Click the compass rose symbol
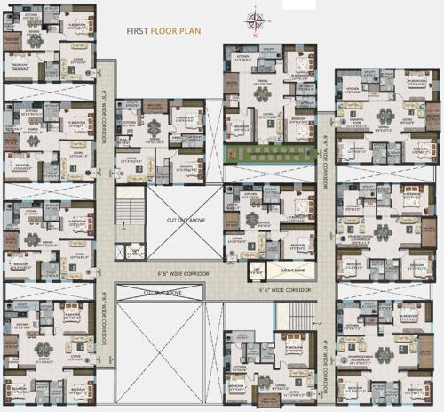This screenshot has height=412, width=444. click(256, 19)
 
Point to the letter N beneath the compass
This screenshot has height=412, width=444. click(256, 36)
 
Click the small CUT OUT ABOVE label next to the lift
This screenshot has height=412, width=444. click(292, 269)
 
